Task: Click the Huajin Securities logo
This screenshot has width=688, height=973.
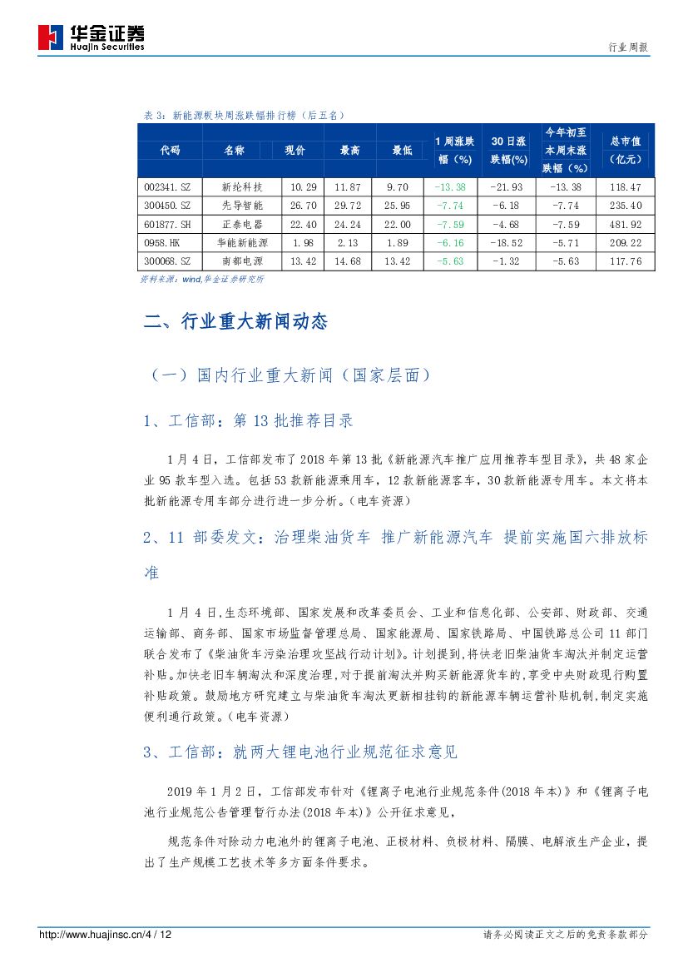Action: (92, 37)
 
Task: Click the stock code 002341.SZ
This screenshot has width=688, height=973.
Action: (169, 187)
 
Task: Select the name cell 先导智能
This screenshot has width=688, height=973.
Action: (243, 206)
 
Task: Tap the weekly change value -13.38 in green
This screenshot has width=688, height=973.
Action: (455, 187)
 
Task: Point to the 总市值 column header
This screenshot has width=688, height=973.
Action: (625, 151)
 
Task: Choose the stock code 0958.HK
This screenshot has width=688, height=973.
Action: (162, 243)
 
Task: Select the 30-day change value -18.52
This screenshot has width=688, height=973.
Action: (506, 243)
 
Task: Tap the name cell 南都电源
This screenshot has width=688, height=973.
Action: (243, 261)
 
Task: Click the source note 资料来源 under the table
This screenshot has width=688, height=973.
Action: (202, 280)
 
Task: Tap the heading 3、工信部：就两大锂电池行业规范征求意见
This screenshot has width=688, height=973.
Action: (300, 752)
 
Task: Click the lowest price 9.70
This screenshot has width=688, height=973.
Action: (398, 187)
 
